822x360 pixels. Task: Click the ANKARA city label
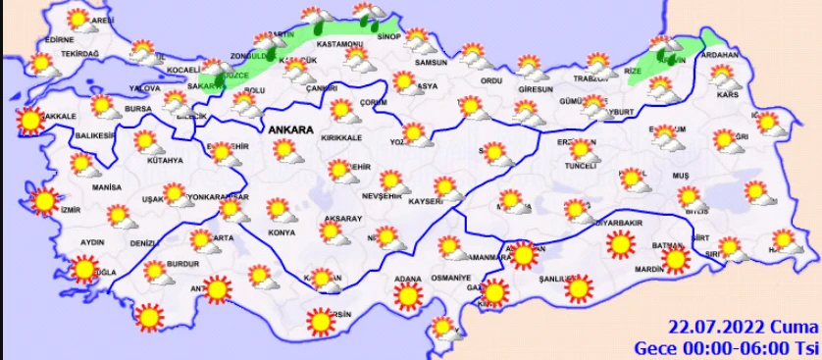click(289, 129)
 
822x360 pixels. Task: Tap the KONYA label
click(282, 232)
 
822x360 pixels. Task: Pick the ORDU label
click(492, 80)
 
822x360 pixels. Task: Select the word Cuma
click(792, 328)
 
